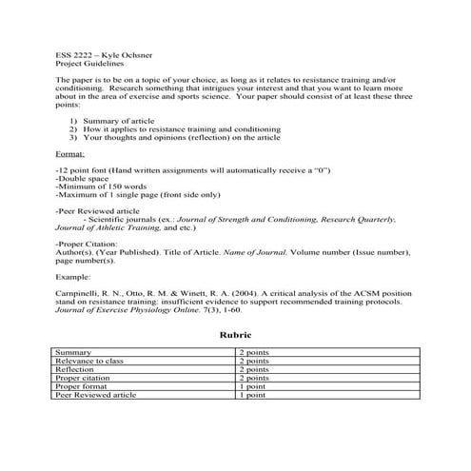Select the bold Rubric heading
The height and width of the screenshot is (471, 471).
235,335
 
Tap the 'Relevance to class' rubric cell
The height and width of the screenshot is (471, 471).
90,362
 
